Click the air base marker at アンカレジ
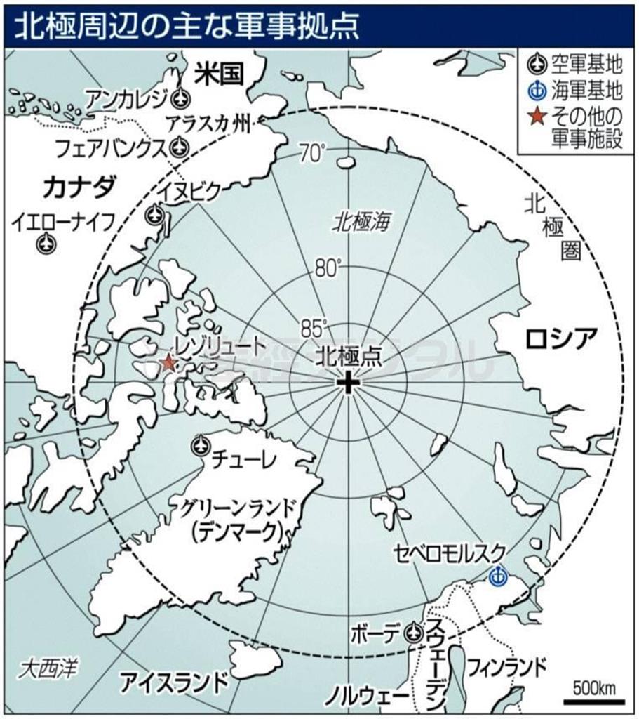coord(180,96)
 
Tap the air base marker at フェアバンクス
coord(180,147)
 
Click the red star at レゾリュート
coord(168,362)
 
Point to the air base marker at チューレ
coord(200,444)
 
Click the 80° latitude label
coord(326,268)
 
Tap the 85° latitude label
coord(314,327)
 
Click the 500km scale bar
coord(593,699)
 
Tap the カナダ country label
coord(79,187)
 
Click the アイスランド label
coord(174,681)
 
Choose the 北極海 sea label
coord(361,223)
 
